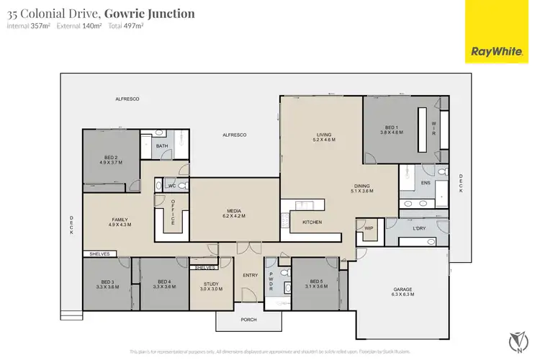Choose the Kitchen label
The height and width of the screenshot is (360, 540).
312,222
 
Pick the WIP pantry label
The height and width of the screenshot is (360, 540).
369,228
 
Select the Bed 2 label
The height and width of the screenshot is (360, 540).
110,159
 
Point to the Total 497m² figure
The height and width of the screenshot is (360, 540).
126,26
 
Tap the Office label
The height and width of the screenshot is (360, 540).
173,212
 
